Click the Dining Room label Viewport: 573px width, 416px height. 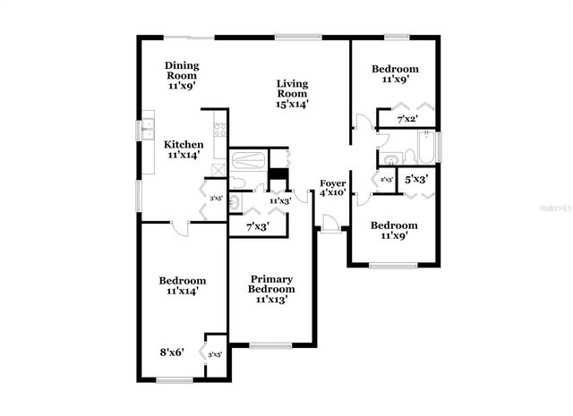182,71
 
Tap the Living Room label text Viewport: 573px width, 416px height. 292,89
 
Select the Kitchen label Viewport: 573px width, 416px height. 183,144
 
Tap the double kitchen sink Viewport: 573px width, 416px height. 147,129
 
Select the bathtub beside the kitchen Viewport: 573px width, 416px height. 247,162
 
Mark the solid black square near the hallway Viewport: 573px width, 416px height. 279,175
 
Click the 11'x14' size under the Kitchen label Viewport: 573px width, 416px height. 183,155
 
